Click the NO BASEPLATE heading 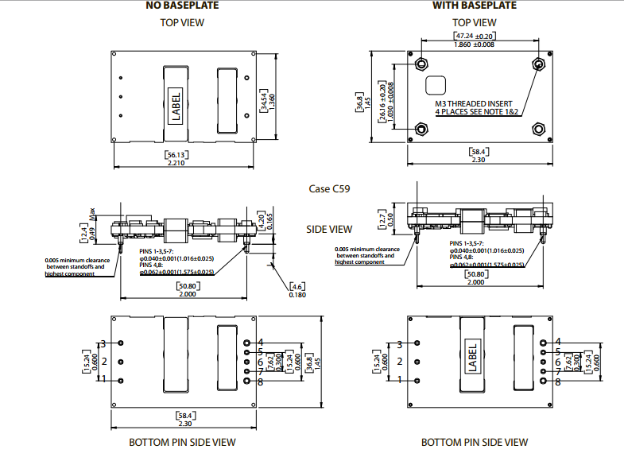click(x=182, y=6)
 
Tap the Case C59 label click(x=329, y=189)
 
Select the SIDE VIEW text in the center click(x=329, y=229)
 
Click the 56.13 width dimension click(x=182, y=154)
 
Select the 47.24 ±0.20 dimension click(x=475, y=37)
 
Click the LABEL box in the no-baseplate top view click(x=175, y=107)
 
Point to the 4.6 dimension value click(x=298, y=286)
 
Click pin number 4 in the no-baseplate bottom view click(x=260, y=343)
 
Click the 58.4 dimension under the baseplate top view click(x=479, y=151)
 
